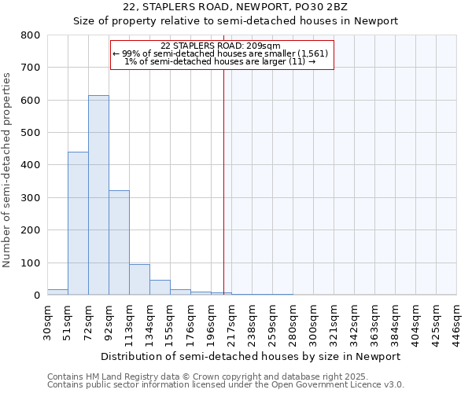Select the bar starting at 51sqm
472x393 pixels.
point(78,223)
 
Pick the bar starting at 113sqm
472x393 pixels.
point(139,279)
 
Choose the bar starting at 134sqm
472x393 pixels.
point(160,287)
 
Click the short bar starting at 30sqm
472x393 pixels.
point(57,292)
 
